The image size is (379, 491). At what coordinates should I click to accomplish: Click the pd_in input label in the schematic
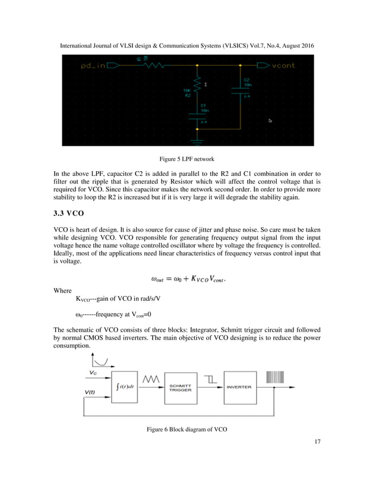pos(93,65)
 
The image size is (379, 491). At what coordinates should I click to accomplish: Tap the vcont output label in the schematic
pos(283,65)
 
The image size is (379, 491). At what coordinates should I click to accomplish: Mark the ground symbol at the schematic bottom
pos(198,141)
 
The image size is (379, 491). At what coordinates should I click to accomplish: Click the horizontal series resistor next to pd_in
pos(151,65)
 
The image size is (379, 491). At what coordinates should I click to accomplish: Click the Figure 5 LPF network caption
pos(189,160)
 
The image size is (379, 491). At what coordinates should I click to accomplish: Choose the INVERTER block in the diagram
pos(239,386)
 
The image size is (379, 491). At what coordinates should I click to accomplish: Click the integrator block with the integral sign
pos(124,386)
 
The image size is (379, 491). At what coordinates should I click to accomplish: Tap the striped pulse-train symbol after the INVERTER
pos(275,377)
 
